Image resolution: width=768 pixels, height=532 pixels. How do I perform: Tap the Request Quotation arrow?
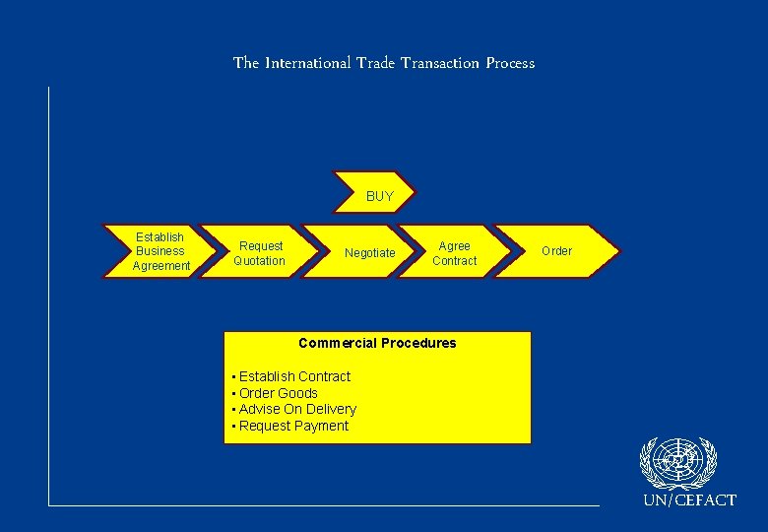tap(260, 253)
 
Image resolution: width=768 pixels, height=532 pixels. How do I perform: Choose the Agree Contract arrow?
tap(454, 253)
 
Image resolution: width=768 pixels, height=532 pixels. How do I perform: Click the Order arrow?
tap(556, 251)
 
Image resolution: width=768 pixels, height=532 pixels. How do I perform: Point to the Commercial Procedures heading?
tap(377, 343)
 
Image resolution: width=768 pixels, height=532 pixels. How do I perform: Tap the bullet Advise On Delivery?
tap(296, 409)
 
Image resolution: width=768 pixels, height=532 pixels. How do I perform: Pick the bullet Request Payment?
tap(292, 426)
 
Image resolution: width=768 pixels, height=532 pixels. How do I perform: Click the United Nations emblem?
tap(678, 463)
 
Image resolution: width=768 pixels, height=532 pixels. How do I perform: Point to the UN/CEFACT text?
tap(689, 500)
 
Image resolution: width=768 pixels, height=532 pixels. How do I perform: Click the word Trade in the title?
tap(375, 63)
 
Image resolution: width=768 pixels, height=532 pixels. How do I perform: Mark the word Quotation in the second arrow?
tap(259, 261)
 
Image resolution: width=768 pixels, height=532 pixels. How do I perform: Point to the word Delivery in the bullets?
tap(330, 409)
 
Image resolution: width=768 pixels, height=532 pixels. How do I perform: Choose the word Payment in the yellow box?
tap(321, 426)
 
